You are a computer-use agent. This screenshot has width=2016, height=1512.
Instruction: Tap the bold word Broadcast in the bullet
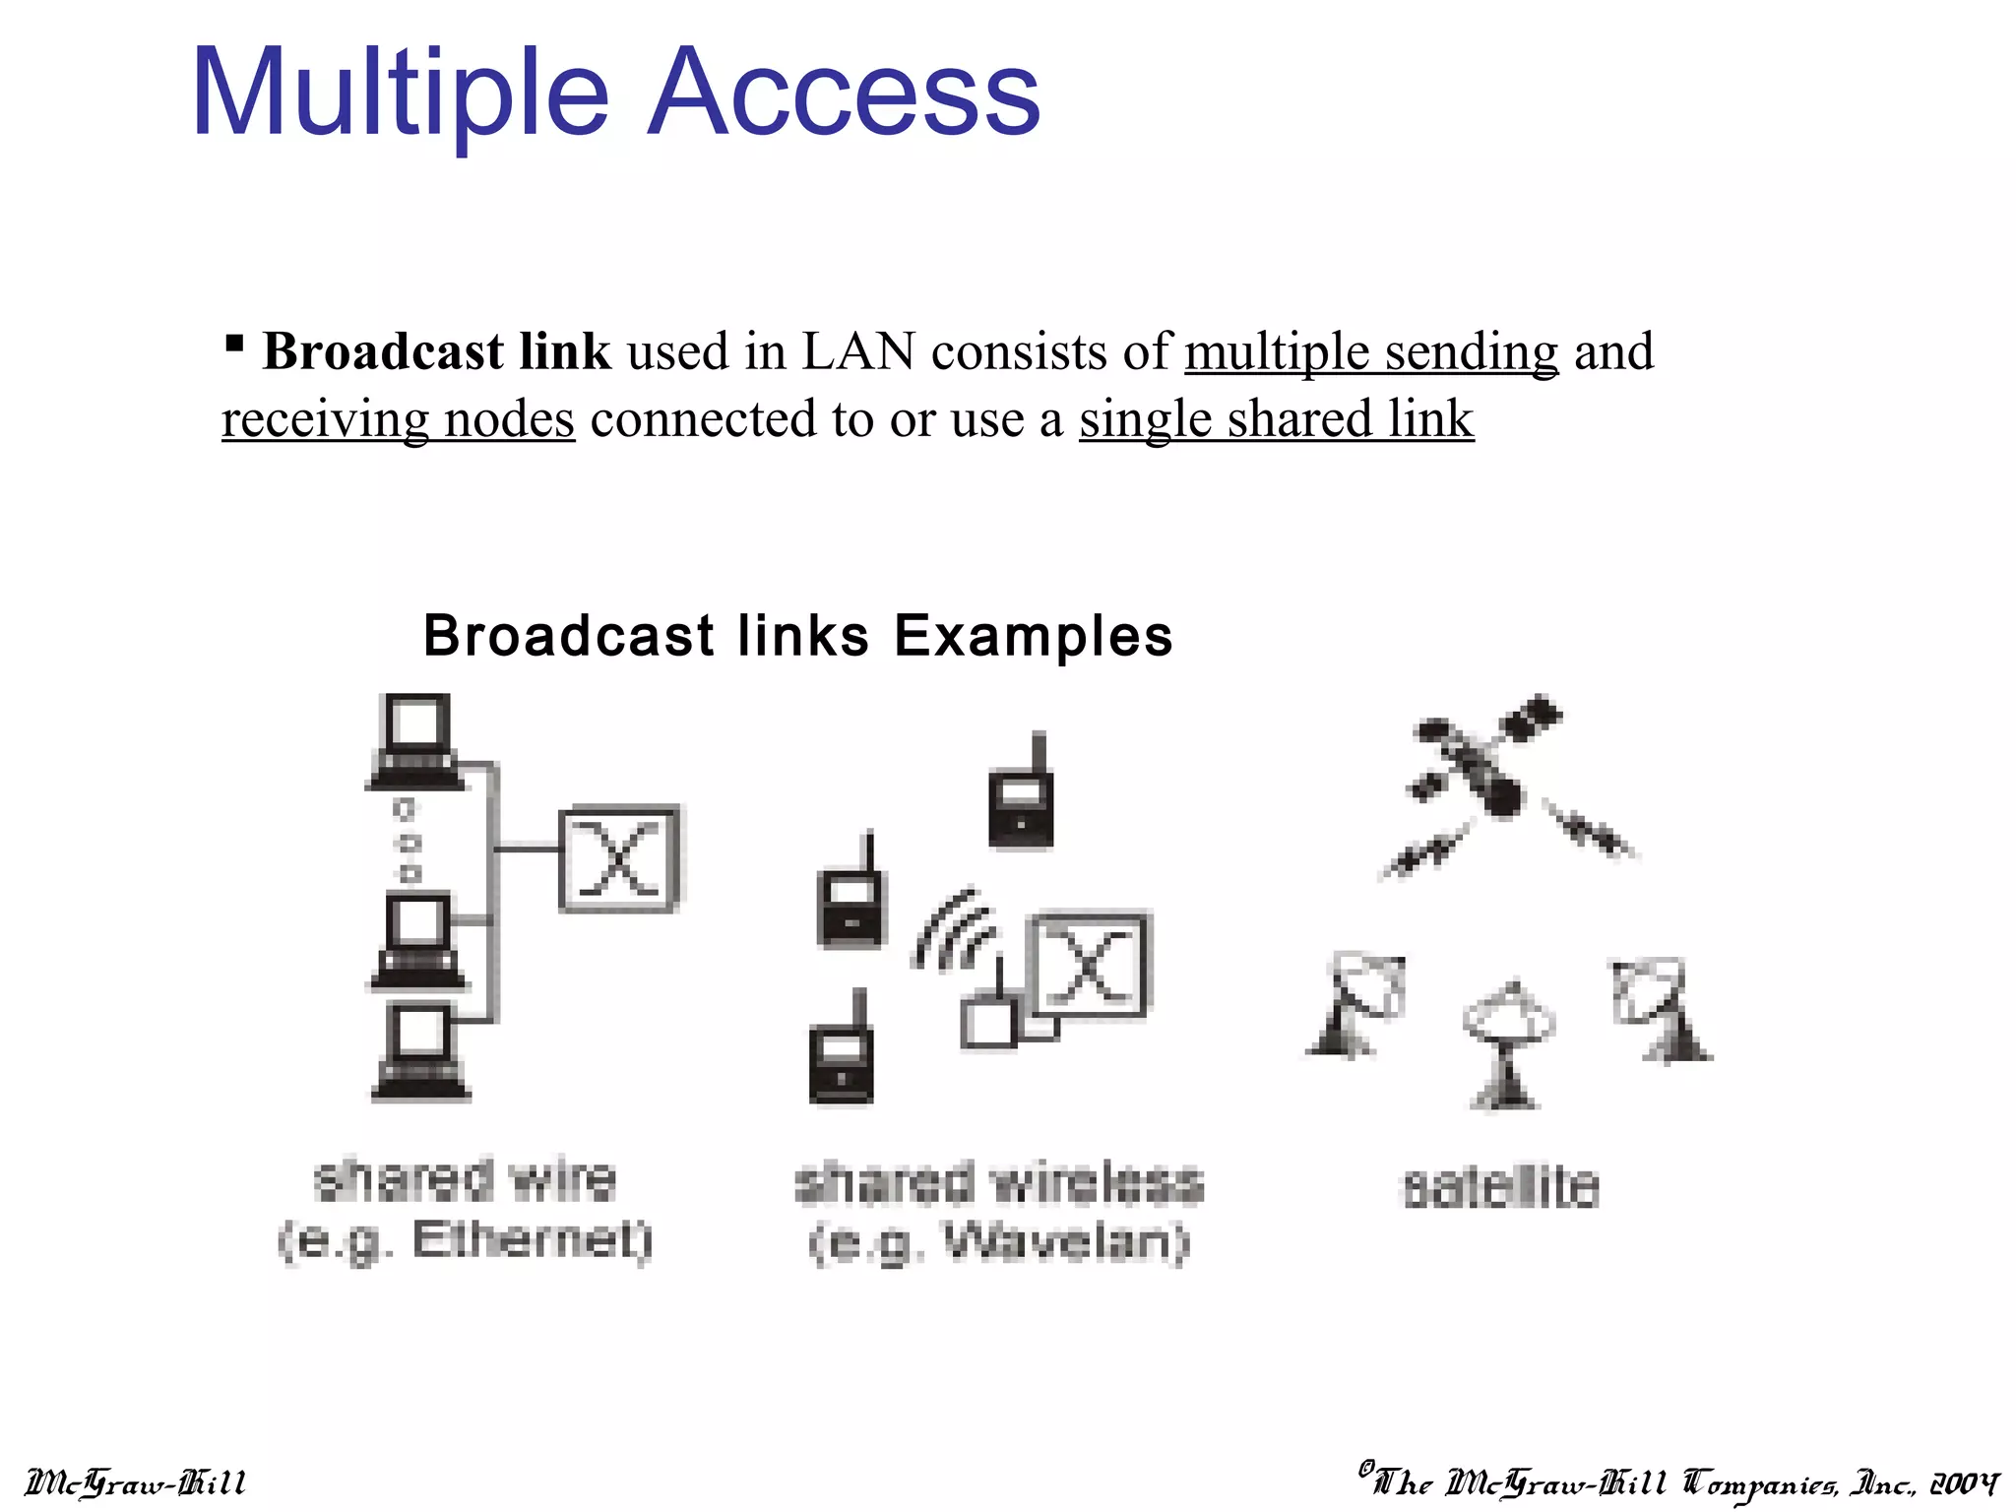(x=384, y=352)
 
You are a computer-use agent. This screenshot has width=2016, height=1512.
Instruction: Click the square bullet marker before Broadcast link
(x=234, y=344)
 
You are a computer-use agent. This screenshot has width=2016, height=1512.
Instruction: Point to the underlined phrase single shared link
(x=1276, y=419)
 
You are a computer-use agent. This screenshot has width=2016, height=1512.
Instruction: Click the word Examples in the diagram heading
(x=1034, y=635)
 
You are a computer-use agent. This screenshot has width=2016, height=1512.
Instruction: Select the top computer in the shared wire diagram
(x=416, y=741)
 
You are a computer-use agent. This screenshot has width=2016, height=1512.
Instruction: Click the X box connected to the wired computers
(x=620, y=858)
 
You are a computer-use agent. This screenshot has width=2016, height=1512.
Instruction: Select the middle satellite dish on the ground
(x=1506, y=1043)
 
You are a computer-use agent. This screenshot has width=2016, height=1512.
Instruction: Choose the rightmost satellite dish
(x=1658, y=1009)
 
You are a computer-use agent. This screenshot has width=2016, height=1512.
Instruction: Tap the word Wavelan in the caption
(x=1063, y=1242)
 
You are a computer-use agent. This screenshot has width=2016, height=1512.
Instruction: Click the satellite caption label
(x=1499, y=1187)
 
